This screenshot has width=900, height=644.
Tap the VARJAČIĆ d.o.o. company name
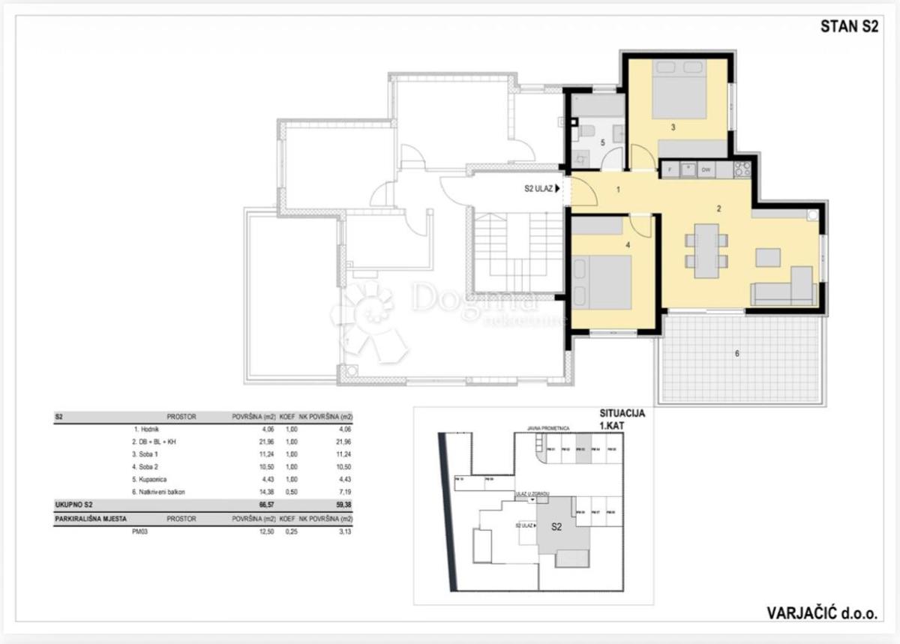[820, 613]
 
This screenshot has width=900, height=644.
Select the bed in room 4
[601, 283]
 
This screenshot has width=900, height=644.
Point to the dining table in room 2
[706, 250]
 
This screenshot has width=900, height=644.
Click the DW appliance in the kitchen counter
[706, 170]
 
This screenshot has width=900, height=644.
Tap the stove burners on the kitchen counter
[742, 170]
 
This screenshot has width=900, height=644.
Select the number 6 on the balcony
[736, 353]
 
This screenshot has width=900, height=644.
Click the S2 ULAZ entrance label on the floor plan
[541, 190]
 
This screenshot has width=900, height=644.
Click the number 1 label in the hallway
[618, 190]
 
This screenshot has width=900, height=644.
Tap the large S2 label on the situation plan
[556, 527]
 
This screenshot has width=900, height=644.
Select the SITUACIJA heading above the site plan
[621, 413]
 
